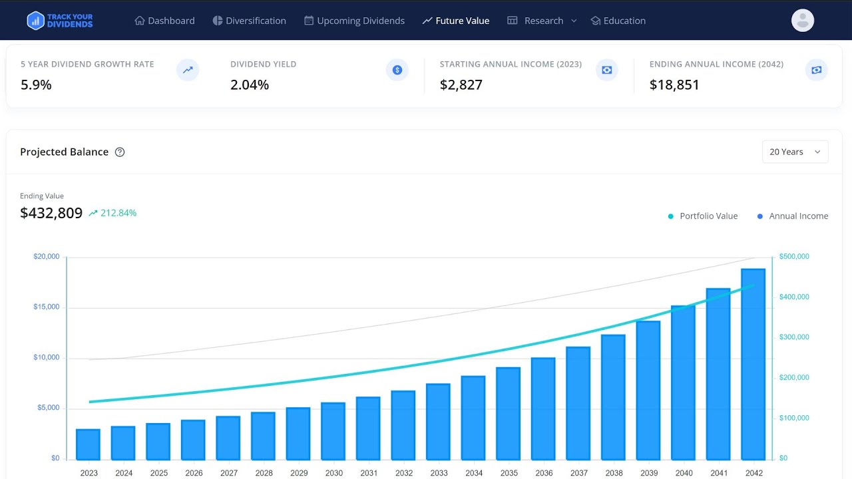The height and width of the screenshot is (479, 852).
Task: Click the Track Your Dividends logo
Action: [60, 21]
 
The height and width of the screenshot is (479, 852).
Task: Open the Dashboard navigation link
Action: [164, 21]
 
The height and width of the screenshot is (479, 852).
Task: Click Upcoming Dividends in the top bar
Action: [354, 21]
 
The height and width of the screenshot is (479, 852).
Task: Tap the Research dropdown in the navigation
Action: [542, 21]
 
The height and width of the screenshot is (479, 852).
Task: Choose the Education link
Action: [618, 21]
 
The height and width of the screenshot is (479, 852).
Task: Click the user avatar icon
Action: [803, 20]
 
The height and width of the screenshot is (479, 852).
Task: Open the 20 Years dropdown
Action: [795, 152]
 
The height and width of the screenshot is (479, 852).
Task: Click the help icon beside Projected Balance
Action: [120, 152]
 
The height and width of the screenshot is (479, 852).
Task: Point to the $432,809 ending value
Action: [51, 213]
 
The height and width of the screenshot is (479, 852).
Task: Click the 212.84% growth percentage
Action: [118, 213]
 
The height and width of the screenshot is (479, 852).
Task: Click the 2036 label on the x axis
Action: [543, 473]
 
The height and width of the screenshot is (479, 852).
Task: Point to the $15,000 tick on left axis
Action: [47, 307]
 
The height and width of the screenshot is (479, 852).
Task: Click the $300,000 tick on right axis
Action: [794, 337]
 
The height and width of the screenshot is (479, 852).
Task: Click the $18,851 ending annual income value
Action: [674, 84]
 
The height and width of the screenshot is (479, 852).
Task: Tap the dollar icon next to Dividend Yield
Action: [397, 70]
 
